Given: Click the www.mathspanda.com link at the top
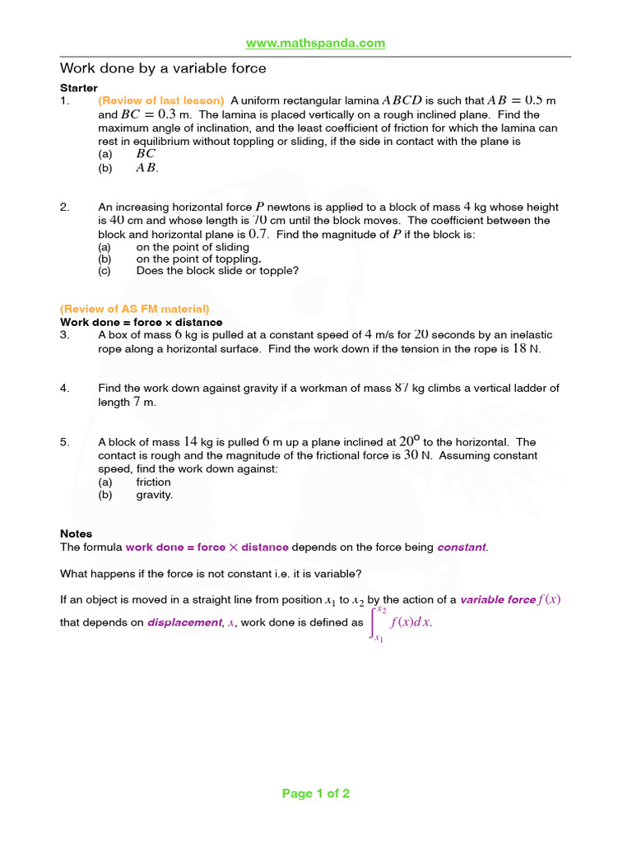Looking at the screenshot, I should click(x=316, y=43).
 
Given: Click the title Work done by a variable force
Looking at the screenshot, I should click(x=163, y=68).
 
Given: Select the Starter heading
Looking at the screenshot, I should click(x=79, y=88).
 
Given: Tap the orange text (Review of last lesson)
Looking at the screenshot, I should click(x=160, y=101).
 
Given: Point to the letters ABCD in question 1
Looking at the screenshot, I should click(x=402, y=100).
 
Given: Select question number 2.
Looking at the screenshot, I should click(x=64, y=207).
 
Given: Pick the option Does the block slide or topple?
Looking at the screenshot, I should click(x=217, y=270).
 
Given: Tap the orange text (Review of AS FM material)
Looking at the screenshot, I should click(x=135, y=309).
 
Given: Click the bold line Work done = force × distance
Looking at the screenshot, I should click(x=141, y=322).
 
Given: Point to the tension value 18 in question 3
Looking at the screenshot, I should click(x=519, y=348).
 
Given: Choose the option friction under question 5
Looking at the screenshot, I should click(x=153, y=482).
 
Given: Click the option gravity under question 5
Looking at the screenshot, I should click(x=155, y=495).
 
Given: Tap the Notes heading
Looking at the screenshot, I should click(x=77, y=533).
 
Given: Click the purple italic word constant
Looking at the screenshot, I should click(x=462, y=547).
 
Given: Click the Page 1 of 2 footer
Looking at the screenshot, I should click(x=316, y=794).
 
